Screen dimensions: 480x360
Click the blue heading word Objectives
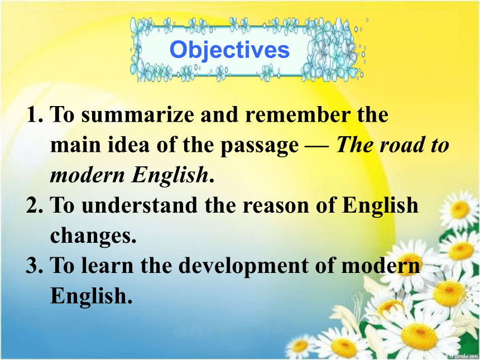tap(229, 50)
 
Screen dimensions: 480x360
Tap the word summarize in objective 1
tap(138, 114)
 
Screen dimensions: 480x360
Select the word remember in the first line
tap(298, 114)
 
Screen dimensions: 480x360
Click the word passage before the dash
tap(260, 146)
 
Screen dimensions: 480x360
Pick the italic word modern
tap(88, 175)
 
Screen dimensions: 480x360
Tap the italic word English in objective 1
tap(170, 176)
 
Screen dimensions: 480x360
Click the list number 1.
tap(35, 114)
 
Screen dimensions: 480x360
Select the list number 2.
tap(35, 205)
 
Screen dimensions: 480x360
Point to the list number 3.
tap(35, 265)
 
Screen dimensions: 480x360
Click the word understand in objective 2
tap(140, 205)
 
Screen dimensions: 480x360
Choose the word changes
tap(93, 236)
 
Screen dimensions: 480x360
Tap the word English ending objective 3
tap(91, 296)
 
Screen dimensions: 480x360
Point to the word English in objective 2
tap(380, 206)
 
